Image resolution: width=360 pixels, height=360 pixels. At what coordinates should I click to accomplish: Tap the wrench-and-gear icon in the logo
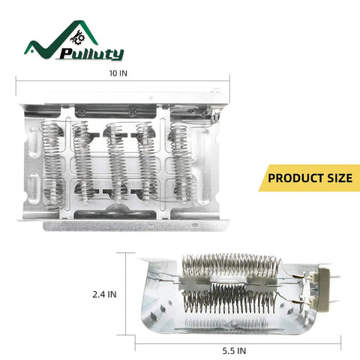tap(78, 37)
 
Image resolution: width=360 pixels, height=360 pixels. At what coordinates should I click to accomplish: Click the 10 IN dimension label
tap(118, 73)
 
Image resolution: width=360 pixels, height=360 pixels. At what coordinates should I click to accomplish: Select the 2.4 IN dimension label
tap(104, 294)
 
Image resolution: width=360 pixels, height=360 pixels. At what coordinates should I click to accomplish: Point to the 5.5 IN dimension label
tap(234, 351)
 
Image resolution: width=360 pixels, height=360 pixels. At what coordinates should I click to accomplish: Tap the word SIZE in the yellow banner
tap(340, 178)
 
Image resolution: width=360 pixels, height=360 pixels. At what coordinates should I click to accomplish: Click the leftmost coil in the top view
tap(53, 165)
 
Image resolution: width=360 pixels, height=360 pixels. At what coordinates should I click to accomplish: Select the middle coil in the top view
tap(117, 162)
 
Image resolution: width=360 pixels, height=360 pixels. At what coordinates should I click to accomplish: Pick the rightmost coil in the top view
tap(181, 162)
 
